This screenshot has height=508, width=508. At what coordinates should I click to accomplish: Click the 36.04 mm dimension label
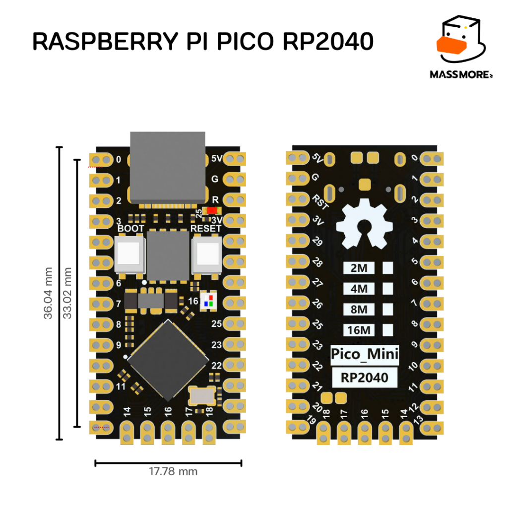[48, 294]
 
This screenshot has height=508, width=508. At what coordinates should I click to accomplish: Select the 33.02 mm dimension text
[67, 293]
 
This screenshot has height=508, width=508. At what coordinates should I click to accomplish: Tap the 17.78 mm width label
[173, 471]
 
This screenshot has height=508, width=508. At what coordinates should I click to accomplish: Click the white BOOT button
[130, 254]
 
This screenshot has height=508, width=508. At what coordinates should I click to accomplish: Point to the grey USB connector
[167, 166]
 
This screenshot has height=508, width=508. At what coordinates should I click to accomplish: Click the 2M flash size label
[359, 268]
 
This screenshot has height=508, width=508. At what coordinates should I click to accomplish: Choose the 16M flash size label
[359, 330]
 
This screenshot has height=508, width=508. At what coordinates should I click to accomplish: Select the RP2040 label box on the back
[364, 378]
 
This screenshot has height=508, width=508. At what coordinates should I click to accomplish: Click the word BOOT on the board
[131, 229]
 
